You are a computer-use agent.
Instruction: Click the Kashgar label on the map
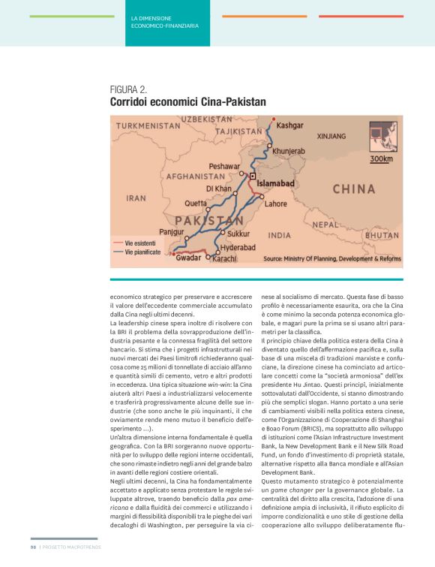click(289, 125)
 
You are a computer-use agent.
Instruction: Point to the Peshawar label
click(225, 165)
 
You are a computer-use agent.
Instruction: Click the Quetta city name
click(196, 203)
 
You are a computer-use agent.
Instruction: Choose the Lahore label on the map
click(276, 203)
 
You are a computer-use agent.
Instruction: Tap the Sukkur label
click(238, 234)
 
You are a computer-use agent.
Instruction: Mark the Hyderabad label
click(238, 247)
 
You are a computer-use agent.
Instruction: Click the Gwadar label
click(188, 258)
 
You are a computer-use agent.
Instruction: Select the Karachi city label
click(225, 258)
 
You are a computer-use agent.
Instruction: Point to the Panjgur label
click(172, 232)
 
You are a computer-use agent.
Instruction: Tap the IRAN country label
click(136, 198)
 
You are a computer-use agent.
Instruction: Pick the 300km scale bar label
click(382, 158)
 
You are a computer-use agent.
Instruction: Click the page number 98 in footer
click(33, 546)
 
